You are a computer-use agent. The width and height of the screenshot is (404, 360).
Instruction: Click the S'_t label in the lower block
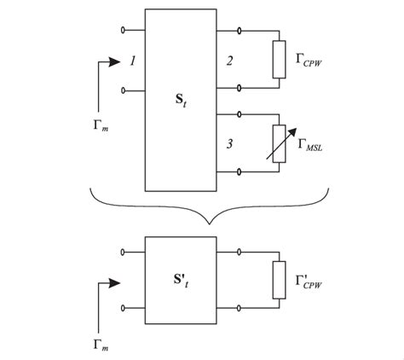tap(181, 277)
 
